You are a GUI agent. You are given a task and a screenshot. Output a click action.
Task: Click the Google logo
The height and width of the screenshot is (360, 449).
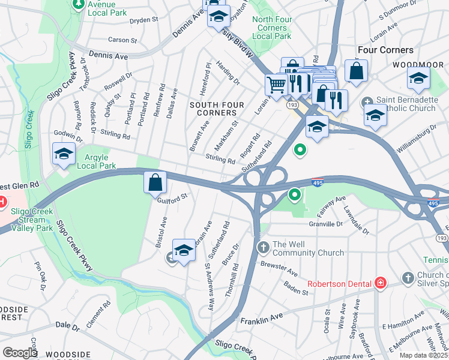tap(19, 353)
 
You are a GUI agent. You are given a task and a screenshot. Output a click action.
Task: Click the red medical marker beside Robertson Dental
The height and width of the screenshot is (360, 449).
tap(379, 283)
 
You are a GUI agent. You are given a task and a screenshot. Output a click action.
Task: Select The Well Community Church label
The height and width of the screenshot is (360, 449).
tap(309, 248)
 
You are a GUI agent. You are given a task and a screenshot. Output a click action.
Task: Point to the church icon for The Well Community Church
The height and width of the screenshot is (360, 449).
tap(263, 247)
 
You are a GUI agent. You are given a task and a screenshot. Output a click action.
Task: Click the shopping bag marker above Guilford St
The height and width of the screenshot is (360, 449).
tap(155, 181)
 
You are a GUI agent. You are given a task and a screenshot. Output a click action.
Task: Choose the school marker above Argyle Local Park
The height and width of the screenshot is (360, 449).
tap(64, 154)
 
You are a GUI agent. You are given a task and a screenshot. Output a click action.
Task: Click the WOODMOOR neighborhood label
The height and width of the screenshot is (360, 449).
tap(420, 64)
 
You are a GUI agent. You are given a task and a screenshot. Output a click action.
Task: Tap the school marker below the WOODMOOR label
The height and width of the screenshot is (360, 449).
tap(418, 79)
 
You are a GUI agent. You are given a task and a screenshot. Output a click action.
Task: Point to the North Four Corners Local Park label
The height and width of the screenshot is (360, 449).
tap(272, 28)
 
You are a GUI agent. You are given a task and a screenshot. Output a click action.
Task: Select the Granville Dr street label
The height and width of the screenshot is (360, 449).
tap(327, 223)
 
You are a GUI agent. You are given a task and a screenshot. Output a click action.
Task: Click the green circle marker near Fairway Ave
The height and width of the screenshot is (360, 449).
tap(294, 194)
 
